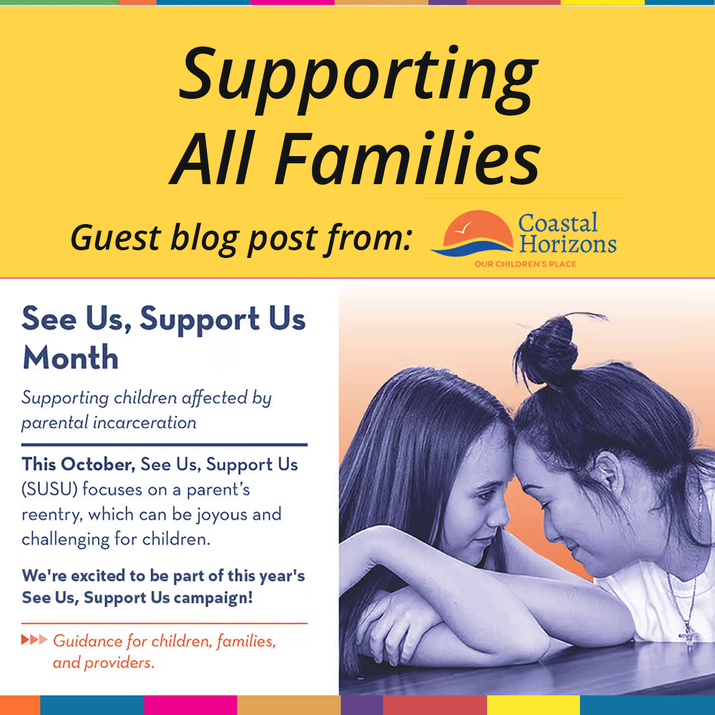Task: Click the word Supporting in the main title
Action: point(358,77)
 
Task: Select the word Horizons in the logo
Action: point(568,245)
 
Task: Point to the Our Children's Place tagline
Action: point(525,264)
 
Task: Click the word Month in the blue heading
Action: point(70,358)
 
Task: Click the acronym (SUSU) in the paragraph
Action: point(50,490)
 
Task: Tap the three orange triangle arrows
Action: point(34,641)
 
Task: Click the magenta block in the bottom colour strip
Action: point(190,705)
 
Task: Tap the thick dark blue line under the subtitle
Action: point(164,444)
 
